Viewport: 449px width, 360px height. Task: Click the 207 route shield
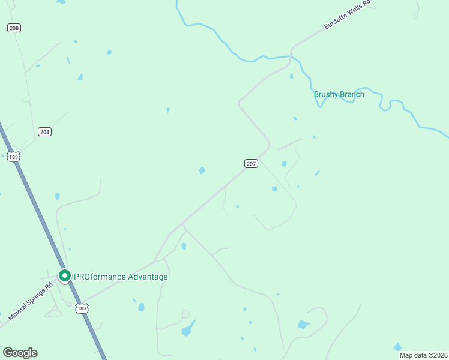tap(252, 163)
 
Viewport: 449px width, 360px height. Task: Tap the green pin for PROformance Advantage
tap(65, 276)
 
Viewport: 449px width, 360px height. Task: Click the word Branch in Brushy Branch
tap(352, 94)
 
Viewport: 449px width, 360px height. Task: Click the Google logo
tap(20, 353)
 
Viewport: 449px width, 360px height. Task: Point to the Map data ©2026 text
tap(423, 355)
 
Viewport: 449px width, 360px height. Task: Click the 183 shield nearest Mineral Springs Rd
tap(82, 308)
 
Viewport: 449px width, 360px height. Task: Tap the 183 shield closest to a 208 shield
tap(14, 157)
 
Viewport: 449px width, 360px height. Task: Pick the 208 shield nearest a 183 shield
tap(44, 131)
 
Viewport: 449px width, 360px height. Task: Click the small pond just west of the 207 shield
tap(202, 170)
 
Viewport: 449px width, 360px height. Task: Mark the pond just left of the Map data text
tap(397, 347)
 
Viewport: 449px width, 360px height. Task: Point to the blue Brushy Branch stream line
tap(264, 57)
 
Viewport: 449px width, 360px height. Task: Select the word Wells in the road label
tap(350, 14)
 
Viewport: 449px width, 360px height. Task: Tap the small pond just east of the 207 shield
tap(283, 164)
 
